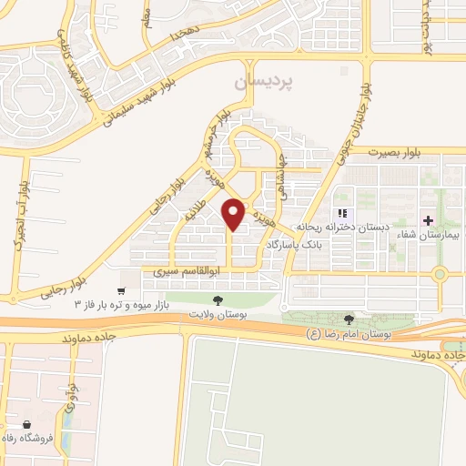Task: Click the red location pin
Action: pos(234,214)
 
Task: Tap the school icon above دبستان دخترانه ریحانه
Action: pos(343,213)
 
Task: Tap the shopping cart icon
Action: pos(121,290)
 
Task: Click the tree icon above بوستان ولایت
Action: pos(217,299)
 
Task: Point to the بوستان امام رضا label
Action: pos(350,335)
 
